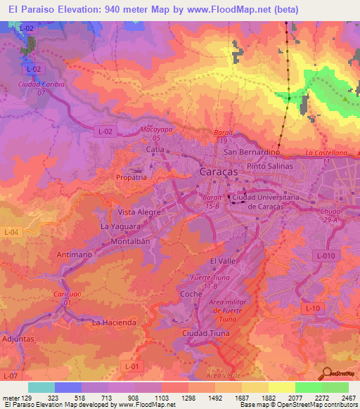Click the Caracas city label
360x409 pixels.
point(215,172)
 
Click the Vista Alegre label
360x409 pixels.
point(139,212)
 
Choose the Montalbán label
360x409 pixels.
point(131,241)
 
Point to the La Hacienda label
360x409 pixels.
point(115,323)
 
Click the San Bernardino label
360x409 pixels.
point(252,152)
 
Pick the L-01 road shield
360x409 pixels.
point(130,365)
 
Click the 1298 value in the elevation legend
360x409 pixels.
point(187,398)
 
